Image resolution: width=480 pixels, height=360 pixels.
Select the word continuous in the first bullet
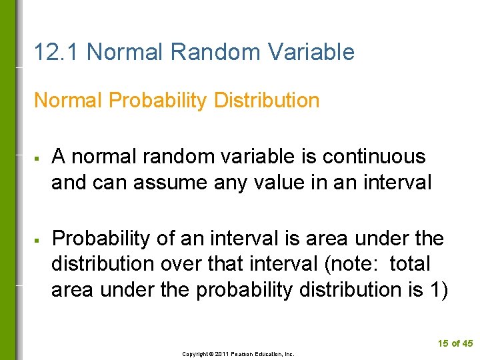point(373,157)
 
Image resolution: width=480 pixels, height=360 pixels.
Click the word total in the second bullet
point(410,264)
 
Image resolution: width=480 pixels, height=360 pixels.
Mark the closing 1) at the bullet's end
point(439,289)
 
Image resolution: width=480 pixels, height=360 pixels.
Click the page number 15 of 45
point(455,343)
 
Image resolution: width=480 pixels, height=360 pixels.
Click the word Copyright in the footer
point(195,354)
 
